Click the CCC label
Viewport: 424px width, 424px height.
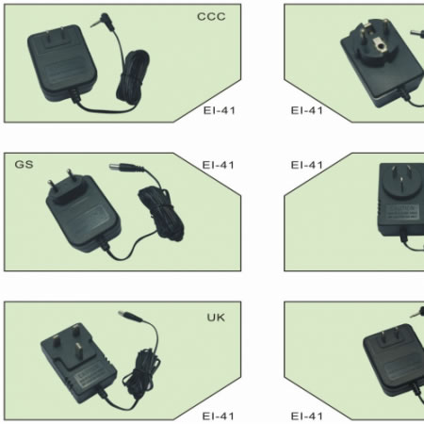tap(211, 17)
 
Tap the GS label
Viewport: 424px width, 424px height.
tap(24, 164)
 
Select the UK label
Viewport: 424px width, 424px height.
tap(216, 318)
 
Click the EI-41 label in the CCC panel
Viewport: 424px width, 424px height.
tap(220, 110)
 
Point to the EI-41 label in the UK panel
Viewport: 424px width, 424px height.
tap(219, 416)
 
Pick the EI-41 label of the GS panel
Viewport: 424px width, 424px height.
tap(219, 165)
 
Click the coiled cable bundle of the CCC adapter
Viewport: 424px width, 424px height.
tap(133, 77)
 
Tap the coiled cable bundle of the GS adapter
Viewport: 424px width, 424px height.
tap(161, 214)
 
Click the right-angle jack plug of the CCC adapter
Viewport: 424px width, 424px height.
tap(103, 21)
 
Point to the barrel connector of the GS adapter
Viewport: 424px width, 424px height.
tap(126, 168)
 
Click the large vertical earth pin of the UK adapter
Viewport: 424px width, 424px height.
tap(78, 351)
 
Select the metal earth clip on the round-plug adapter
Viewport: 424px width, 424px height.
tap(381, 45)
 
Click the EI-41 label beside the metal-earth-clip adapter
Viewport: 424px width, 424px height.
tap(307, 110)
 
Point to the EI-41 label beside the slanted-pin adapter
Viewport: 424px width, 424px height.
tap(307, 165)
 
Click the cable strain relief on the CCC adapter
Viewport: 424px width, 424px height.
tap(74, 96)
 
